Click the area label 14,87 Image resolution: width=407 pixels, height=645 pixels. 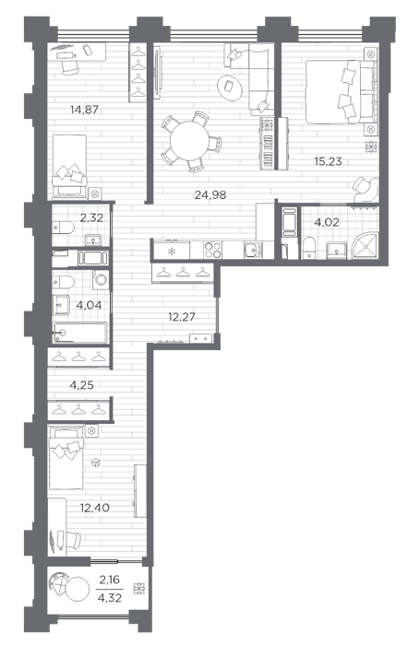(x=85, y=110)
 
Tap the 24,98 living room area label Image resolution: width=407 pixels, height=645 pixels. (x=210, y=194)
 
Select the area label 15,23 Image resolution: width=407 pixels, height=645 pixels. (x=328, y=161)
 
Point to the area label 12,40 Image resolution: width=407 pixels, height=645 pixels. (x=95, y=508)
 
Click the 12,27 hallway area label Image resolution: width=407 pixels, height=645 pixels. (x=182, y=317)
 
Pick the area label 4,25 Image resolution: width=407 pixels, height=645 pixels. (x=81, y=385)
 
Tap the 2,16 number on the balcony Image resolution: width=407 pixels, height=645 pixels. (x=110, y=580)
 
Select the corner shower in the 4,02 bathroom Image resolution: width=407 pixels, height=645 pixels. (x=365, y=246)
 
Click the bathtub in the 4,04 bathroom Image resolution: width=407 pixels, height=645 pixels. (x=80, y=333)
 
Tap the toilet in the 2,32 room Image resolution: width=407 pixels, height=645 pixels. (x=63, y=228)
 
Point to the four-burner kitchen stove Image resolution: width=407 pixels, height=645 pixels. (x=212, y=250)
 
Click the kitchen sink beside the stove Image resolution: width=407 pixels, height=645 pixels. (x=253, y=250)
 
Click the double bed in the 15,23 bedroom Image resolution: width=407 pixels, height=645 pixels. (x=341, y=91)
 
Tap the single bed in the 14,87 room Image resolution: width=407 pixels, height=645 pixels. (x=69, y=166)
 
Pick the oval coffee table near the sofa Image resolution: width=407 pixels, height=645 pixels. (x=230, y=87)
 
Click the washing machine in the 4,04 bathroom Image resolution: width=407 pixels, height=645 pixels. (x=101, y=280)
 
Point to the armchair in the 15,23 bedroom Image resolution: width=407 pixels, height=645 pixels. (x=365, y=188)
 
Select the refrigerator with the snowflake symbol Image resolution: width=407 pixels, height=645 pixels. (x=172, y=250)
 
